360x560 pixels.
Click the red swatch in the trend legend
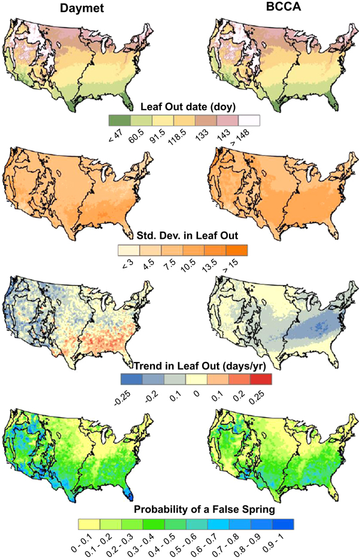(260, 379)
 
